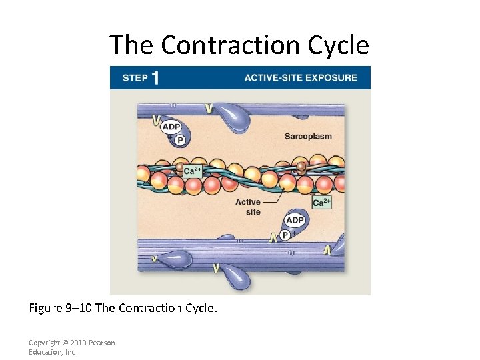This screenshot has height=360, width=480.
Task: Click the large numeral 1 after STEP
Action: pos(155,78)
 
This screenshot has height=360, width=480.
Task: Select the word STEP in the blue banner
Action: pos(135,78)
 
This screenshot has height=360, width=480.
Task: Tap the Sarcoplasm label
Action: pos(308,137)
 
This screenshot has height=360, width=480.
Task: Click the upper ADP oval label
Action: pos(171,127)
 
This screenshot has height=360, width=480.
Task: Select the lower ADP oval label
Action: pos(295,220)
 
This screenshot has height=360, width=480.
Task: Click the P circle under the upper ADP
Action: pos(180,140)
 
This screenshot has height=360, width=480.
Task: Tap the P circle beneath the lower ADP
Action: pos(285,235)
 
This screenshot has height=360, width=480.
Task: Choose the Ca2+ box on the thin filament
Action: pos(193,170)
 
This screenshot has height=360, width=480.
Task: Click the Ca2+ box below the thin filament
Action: pos(322,202)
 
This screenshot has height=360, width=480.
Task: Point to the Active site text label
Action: pos(248,207)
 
